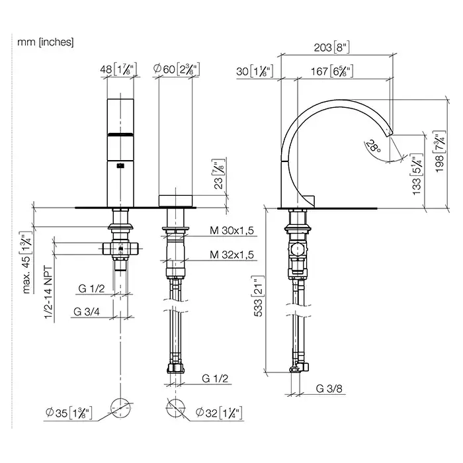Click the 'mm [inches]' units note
(x=45, y=42)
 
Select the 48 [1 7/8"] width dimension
(x=118, y=69)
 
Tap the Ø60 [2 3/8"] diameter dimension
(x=177, y=69)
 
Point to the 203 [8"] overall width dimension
(x=331, y=48)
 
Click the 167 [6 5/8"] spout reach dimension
(x=332, y=71)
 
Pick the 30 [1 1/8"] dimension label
(x=255, y=71)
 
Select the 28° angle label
(x=373, y=146)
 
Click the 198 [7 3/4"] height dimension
(x=440, y=151)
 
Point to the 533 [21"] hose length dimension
(x=258, y=296)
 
